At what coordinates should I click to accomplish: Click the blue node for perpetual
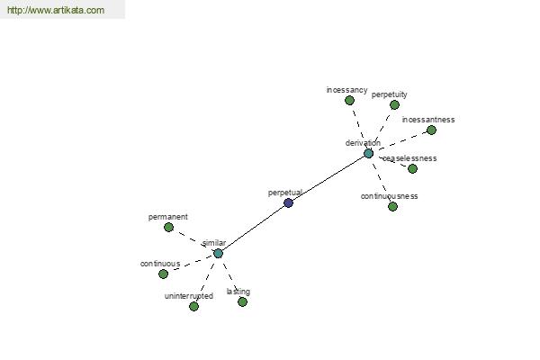coord(288,202)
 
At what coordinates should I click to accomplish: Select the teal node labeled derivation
coord(368,154)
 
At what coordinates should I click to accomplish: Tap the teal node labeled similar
coord(218,254)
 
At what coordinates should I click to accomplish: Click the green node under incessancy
coord(349,101)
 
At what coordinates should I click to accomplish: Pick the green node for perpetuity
coord(394,104)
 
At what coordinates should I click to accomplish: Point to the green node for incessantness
coord(431,130)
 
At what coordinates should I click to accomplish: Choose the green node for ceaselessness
coord(412,169)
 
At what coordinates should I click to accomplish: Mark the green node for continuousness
coord(392,207)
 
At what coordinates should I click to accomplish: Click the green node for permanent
coord(168,228)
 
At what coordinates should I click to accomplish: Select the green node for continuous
coord(163,274)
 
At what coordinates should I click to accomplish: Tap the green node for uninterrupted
coord(193,307)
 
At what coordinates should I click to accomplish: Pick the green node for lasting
coord(242,302)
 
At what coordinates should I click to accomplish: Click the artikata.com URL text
coord(56,10)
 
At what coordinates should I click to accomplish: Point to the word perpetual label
coord(285,193)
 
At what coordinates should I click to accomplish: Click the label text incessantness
coord(428,120)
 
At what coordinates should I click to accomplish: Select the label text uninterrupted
coord(189,296)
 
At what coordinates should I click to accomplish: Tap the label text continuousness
coord(389,196)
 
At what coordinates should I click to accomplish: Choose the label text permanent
coord(168,217)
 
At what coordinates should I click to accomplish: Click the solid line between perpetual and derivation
coord(328,178)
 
